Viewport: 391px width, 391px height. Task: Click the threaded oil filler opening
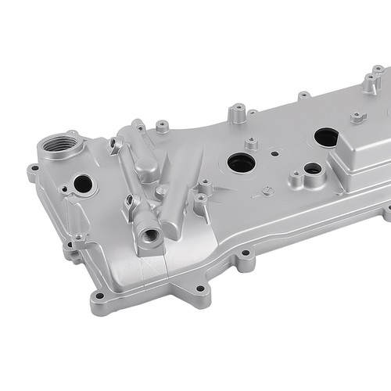click(61, 145)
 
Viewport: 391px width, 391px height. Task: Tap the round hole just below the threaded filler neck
click(82, 185)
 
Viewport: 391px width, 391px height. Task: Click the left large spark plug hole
click(241, 163)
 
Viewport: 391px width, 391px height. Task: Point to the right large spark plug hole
click(326, 137)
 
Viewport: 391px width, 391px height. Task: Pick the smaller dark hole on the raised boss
click(312, 168)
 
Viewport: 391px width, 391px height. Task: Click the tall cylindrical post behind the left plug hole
click(235, 113)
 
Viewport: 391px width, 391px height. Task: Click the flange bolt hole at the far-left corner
click(33, 168)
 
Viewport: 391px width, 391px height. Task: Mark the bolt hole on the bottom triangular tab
click(199, 289)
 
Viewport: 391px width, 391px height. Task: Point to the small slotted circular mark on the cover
click(267, 192)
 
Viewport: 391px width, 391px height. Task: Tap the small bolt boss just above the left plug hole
click(251, 144)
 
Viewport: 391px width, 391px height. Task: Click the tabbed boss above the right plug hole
click(358, 117)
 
